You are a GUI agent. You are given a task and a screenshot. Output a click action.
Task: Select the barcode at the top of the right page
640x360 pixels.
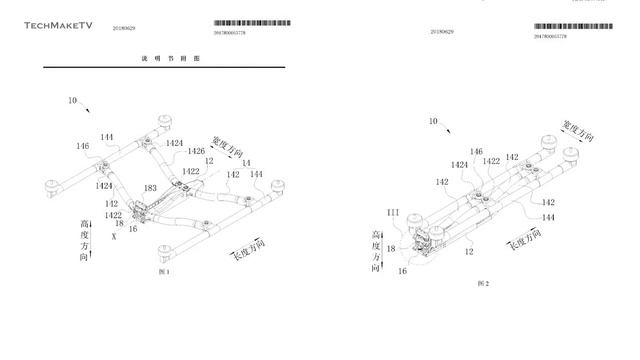click(x=573, y=25)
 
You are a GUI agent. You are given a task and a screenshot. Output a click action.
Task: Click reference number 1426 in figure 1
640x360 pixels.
click(x=197, y=152)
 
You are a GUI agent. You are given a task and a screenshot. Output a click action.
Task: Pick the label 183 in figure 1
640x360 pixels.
click(x=150, y=188)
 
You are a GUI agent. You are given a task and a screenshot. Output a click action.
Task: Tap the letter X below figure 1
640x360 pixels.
click(x=113, y=238)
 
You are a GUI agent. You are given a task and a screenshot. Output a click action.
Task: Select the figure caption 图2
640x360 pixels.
click(x=482, y=283)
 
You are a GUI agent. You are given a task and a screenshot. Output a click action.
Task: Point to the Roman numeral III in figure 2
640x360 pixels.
click(x=393, y=213)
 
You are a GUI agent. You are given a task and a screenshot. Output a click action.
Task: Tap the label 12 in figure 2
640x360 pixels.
click(x=468, y=253)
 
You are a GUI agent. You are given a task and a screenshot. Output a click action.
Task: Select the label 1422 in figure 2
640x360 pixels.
click(x=491, y=160)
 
